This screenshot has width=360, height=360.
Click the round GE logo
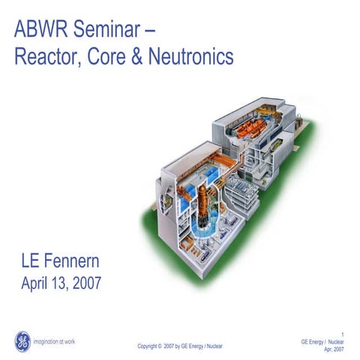coord(24,340)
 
